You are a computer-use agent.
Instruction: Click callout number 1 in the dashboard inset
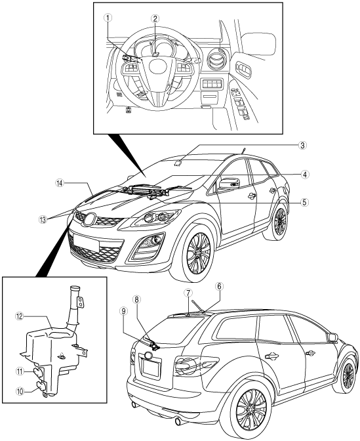point(108,18)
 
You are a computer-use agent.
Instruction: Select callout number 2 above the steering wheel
point(155,18)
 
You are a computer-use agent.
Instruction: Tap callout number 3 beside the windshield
point(302,146)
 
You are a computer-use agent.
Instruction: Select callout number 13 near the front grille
point(43,220)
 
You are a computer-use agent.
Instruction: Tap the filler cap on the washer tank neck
point(75,288)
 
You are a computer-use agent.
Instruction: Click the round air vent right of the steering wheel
point(216,60)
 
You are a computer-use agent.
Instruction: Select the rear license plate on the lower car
point(152,369)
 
